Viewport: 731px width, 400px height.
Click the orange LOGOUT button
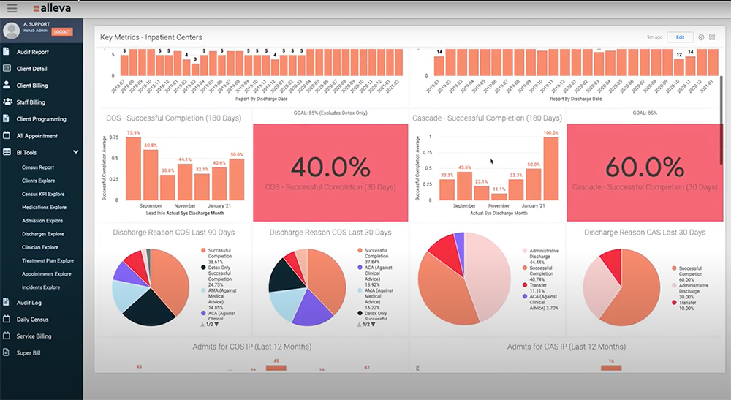click(62, 32)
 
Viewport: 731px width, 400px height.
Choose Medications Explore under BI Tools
click(44, 207)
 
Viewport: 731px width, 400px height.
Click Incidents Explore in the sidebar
click(41, 287)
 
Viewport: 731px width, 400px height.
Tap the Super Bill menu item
click(29, 352)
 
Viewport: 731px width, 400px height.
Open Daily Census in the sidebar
click(33, 319)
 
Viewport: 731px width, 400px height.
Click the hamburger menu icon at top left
click(12, 8)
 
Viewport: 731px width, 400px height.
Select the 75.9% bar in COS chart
click(133, 168)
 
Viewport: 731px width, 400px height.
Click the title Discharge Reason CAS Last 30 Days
click(645, 233)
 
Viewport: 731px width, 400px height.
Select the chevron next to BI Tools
click(76, 152)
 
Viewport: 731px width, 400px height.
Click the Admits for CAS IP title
click(567, 346)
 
